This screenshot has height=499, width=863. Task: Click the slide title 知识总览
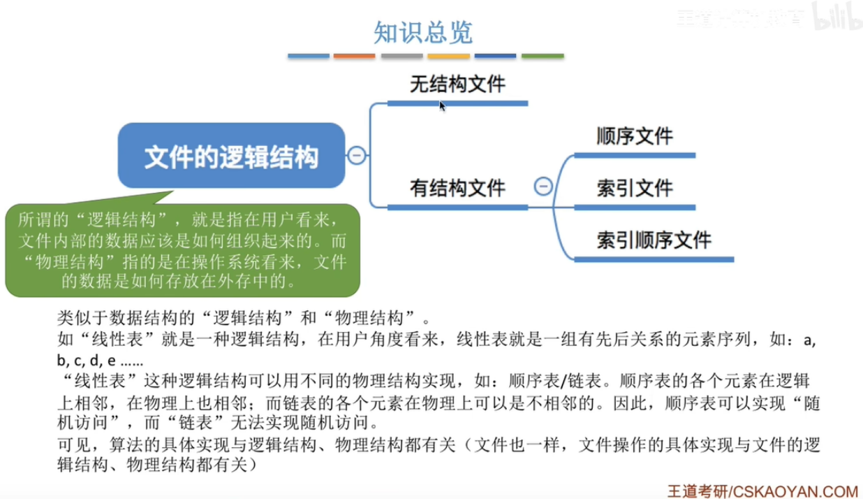423,32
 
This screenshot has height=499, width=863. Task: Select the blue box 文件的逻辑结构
231,157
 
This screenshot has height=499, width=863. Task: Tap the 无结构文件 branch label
457,85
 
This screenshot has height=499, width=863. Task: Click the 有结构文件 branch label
457,187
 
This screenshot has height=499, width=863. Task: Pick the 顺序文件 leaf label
635,136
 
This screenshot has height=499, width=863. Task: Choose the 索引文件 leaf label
635,188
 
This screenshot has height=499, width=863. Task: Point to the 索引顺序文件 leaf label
654,240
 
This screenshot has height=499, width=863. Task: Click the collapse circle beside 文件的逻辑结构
356,156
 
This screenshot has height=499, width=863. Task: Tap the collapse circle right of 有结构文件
543,187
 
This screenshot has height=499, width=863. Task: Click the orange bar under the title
354,56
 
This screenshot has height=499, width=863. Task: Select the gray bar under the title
401,56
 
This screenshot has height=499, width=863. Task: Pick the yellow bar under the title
448,56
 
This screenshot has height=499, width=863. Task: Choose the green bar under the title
543,56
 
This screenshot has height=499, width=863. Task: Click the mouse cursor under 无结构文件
442,106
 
